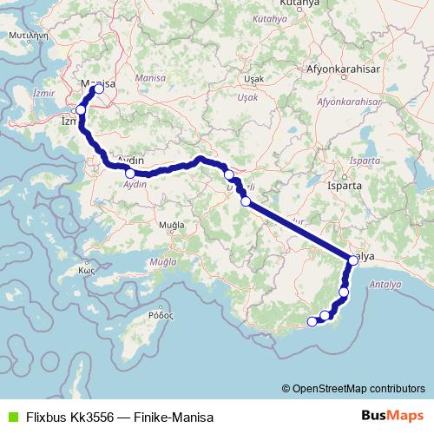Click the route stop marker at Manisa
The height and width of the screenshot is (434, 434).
(98, 89)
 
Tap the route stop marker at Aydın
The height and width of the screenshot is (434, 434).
(129, 173)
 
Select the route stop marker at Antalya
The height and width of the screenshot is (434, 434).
(353, 260)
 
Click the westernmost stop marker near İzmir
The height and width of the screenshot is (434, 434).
(81, 110)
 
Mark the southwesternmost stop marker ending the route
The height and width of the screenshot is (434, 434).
(312, 322)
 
